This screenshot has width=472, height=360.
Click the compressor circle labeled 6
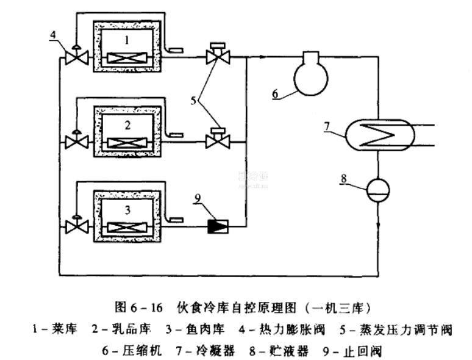(311, 77)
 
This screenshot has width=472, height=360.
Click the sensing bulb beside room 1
(177, 49)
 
